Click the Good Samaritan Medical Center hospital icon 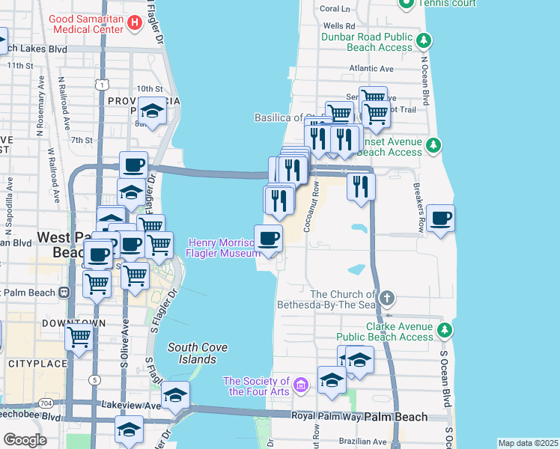click(135, 23)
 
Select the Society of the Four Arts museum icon click(301, 385)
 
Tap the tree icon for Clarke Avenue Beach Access click(444, 329)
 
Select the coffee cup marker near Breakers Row click(440, 219)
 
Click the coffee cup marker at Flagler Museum click(268, 239)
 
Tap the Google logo click(25, 440)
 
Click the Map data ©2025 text click(528, 443)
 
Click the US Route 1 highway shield click(100, 85)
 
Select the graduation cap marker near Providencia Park click(153, 112)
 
